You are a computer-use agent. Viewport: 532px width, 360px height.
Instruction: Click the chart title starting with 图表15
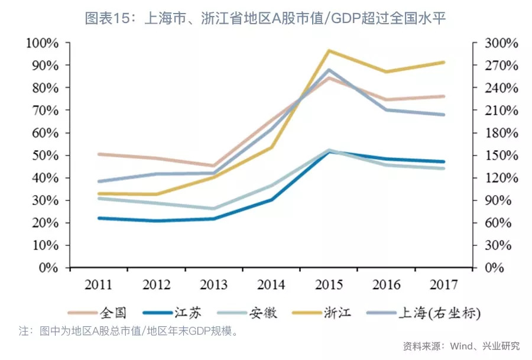pos(265,18)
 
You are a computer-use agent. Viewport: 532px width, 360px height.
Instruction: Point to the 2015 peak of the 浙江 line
pos(329,51)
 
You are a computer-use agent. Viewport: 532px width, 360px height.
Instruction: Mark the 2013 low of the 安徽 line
pos(213,209)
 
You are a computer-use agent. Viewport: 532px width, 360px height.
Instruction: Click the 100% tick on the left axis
pos(42,43)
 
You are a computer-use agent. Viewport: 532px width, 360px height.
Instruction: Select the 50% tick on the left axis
pos(44,155)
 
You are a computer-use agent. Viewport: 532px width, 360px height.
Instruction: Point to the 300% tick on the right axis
pos(501,43)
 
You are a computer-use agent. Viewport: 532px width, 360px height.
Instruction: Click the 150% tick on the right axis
pos(501,155)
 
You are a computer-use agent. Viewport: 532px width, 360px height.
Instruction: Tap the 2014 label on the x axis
pos(271,284)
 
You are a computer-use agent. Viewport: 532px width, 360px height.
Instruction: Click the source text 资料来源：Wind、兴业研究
pos(461,346)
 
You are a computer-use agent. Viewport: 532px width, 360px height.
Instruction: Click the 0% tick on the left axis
pos(47,268)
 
